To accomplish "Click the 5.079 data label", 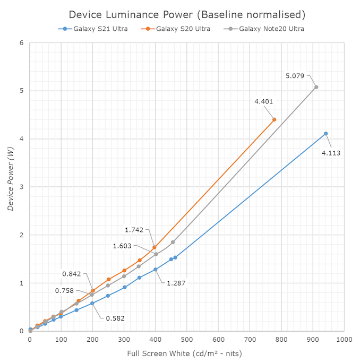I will [x=295, y=76].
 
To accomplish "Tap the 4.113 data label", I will [x=331, y=153].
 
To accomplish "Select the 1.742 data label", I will [x=134, y=230].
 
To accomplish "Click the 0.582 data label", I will [x=115, y=318].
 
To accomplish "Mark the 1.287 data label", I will [x=176, y=283].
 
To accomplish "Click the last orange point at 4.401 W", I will [x=274, y=119].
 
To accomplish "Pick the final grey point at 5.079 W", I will [x=316, y=87].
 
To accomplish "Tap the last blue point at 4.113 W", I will [x=325, y=134].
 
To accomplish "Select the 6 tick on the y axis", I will [x=21, y=43].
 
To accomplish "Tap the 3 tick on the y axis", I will [x=21, y=187].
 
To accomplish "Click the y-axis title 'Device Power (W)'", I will [x=11, y=187].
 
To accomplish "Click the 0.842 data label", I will [x=72, y=274].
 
